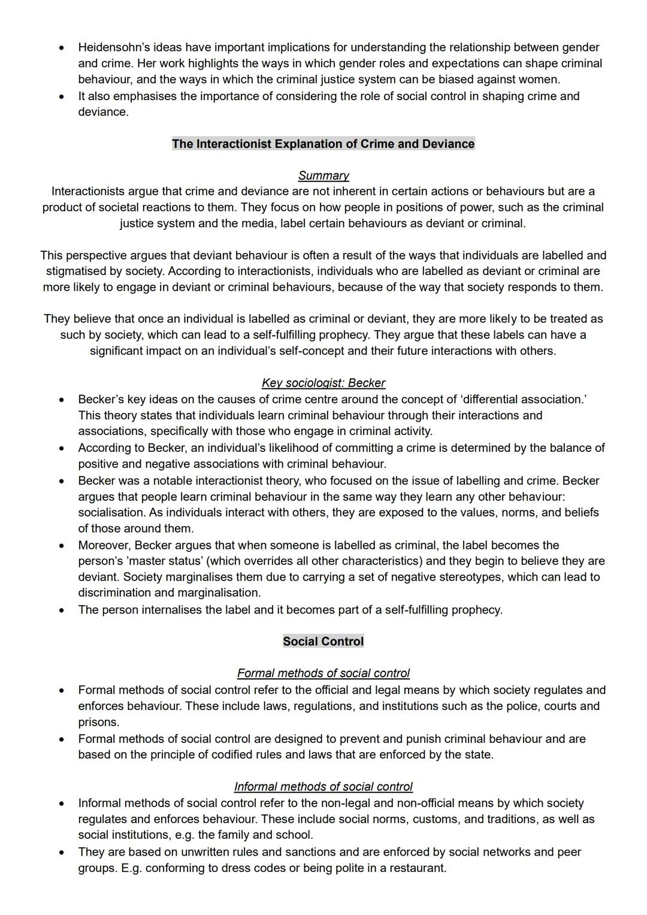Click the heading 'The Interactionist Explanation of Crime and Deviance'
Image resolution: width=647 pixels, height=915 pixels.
coord(323,144)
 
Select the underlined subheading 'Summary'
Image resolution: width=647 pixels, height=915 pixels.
coord(323,176)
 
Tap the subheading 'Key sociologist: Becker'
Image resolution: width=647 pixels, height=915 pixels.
coord(323,383)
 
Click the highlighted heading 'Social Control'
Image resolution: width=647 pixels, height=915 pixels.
coord(323,641)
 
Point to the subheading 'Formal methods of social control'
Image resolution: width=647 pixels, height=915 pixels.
coord(323,673)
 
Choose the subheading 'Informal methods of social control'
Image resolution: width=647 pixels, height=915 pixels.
coord(323,786)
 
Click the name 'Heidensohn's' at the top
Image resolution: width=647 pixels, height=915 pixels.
coord(112,47)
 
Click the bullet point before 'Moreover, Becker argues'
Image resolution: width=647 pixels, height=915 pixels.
coord(61,546)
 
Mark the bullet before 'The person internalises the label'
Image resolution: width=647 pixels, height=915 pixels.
coord(61,610)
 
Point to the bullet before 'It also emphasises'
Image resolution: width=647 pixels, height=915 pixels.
coord(61,96)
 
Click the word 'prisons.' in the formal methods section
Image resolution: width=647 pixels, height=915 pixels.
coord(99,722)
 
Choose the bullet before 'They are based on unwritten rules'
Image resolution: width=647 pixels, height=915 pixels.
coord(61,852)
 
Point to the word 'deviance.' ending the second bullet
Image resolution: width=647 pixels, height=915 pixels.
coord(103,112)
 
